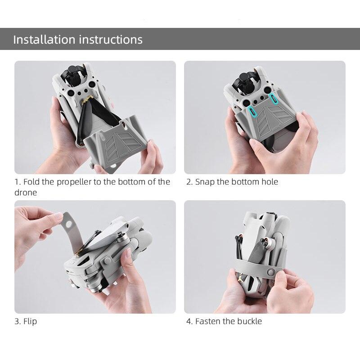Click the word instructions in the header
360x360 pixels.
click(x=111, y=40)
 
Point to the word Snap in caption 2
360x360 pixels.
click(x=205, y=182)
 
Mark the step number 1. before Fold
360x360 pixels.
click(x=18, y=182)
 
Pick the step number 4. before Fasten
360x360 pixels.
click(x=189, y=321)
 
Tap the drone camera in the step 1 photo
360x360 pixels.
click(x=74, y=73)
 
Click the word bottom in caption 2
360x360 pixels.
click(x=245, y=182)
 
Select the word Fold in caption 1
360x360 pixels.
click(x=31, y=182)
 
